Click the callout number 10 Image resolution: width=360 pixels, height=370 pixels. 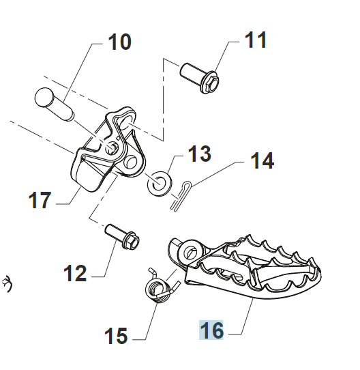point(119,42)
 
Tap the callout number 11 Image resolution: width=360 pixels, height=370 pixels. point(256,40)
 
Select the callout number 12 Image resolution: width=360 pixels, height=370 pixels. point(75,273)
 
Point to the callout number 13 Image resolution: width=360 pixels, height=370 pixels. point(200,154)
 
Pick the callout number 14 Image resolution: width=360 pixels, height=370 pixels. point(262,160)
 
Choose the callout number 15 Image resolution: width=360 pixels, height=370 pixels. point(116,336)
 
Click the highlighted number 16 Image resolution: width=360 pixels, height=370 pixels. point(211,330)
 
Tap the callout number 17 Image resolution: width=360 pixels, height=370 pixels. point(40,200)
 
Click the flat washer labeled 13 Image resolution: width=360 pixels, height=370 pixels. point(160,184)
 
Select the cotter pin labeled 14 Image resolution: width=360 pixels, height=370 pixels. point(181,195)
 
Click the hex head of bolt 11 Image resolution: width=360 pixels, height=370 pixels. point(210,83)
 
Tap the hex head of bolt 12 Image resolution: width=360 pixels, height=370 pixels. point(131,241)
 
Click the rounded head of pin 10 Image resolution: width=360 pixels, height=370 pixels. point(44,97)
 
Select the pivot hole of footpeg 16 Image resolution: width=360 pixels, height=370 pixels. point(192,251)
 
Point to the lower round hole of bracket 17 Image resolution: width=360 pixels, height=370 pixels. point(131,162)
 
